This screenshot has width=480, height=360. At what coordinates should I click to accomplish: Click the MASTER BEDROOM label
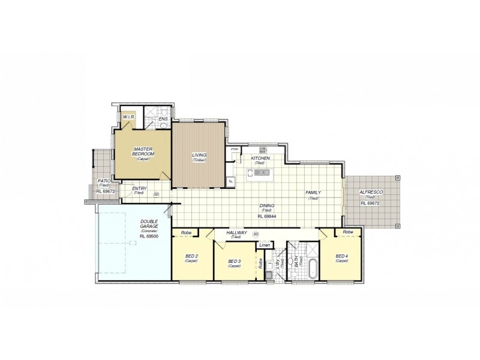coord(144,152)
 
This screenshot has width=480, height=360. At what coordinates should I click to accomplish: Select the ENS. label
coord(163,119)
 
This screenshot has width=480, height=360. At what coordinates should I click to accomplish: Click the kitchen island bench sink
coord(263,173)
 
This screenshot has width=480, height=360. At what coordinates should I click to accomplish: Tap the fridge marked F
coord(230,181)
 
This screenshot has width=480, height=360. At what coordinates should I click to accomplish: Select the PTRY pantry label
coord(235,149)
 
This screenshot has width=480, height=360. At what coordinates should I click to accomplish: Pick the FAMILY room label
coord(313,193)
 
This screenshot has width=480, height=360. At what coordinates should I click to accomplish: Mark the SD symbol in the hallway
coord(256,233)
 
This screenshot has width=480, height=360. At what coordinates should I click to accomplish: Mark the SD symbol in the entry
coord(156,194)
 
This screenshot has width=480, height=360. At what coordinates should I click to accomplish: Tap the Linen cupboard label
coord(264,245)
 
